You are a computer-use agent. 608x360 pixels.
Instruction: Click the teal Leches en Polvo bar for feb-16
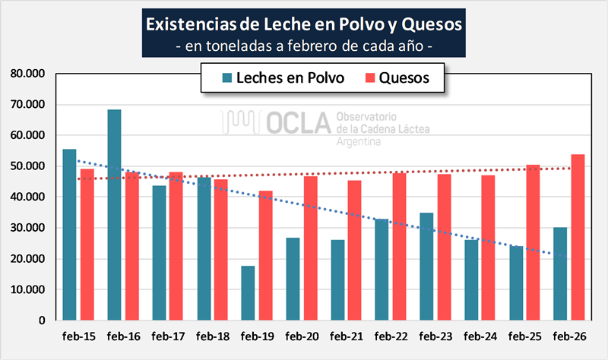tap(114, 215)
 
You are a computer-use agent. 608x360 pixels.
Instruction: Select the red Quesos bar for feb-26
tap(578, 237)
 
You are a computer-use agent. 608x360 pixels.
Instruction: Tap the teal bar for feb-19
tap(247, 293)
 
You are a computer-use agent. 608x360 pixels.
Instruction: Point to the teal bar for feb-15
tap(69, 235)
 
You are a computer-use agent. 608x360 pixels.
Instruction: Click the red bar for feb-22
tap(399, 246)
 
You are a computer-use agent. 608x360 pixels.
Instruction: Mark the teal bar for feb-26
tap(559, 274)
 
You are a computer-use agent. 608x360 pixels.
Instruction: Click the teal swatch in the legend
tap(226, 77)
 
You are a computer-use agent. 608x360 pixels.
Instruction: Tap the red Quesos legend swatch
tap(371, 77)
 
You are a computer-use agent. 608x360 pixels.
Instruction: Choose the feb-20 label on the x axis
tap(301, 335)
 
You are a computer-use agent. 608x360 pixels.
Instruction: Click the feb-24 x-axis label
tap(479, 335)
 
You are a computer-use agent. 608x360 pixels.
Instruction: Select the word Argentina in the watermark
tap(361, 143)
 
